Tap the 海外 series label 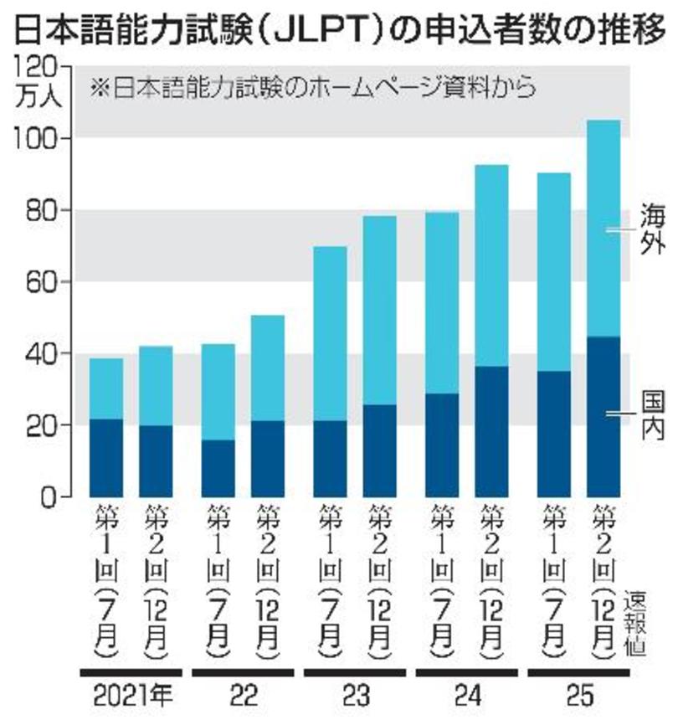[652, 229]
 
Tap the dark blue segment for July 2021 [106, 458]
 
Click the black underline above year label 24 [470, 672]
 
